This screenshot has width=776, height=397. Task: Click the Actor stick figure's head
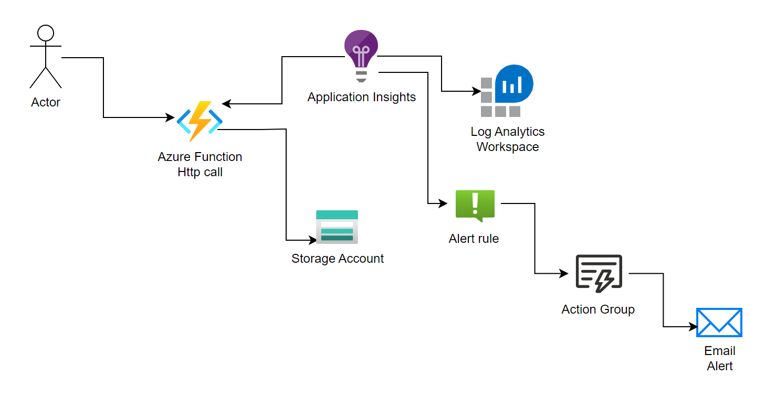click(x=46, y=33)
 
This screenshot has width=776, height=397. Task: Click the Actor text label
click(x=46, y=102)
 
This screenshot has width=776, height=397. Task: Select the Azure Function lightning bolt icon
click(x=200, y=121)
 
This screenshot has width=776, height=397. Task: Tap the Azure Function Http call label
click(x=200, y=164)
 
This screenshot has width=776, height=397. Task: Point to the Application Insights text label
click(x=361, y=97)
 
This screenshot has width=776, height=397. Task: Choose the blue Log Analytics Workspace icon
click(x=507, y=91)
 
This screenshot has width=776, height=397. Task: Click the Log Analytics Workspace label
click(x=507, y=139)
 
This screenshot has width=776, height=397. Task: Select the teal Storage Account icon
click(x=337, y=227)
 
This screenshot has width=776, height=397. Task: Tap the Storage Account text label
click(x=338, y=259)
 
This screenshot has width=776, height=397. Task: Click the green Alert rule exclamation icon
click(x=475, y=205)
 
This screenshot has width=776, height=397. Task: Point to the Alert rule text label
click(x=474, y=239)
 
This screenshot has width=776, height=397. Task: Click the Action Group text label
click(x=598, y=309)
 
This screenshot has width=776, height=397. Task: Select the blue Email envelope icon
click(x=719, y=323)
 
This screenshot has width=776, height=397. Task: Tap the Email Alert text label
click(x=719, y=358)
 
